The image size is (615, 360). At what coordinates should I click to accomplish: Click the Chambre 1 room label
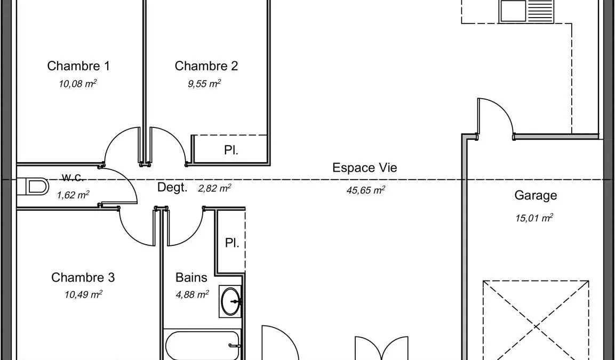point(78,66)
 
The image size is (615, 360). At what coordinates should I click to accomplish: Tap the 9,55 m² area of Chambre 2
point(204,84)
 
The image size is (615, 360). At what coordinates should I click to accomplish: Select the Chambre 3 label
point(83,277)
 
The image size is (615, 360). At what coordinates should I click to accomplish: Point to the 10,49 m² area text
point(84,294)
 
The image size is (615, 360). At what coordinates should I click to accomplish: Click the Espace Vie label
point(365,167)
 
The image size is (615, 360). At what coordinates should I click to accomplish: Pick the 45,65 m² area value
point(365,190)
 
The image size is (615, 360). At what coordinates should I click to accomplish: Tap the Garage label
point(536,195)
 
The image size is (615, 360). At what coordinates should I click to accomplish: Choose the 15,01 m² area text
point(534,218)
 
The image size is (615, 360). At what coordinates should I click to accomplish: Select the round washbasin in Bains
point(230,301)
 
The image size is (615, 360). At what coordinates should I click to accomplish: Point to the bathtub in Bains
point(202,346)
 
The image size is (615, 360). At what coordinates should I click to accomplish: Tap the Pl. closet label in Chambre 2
point(231,150)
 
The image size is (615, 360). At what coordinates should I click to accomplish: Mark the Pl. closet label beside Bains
point(232,243)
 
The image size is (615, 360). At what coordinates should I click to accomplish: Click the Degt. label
point(172,187)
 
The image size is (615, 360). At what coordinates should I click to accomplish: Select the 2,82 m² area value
point(214,188)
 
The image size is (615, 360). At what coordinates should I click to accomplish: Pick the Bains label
point(191,277)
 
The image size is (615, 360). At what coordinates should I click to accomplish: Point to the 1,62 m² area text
point(73,194)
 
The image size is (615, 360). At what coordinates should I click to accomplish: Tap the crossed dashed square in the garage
point(536,320)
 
